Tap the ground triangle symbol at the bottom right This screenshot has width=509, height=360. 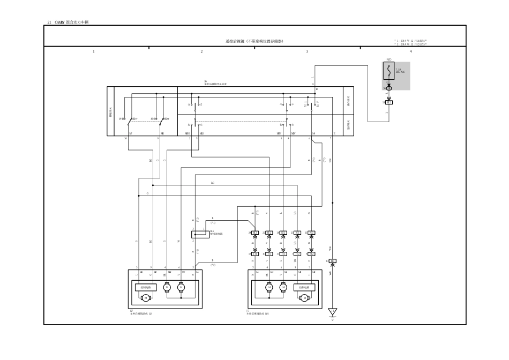[x=332, y=311]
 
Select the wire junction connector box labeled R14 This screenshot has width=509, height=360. [x=197, y=234]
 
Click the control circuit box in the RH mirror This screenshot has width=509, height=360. [x=303, y=287]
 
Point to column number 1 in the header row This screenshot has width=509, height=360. [x=94, y=51]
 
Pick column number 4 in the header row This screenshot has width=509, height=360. [x=410, y=51]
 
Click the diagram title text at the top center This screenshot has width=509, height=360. [x=254, y=41]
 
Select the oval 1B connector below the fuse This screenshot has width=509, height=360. [x=389, y=88]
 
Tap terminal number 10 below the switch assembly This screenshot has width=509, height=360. [x=126, y=138]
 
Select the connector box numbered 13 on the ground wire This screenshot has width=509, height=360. [x=332, y=261]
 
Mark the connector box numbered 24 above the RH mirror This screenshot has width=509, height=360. [x=255, y=232]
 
